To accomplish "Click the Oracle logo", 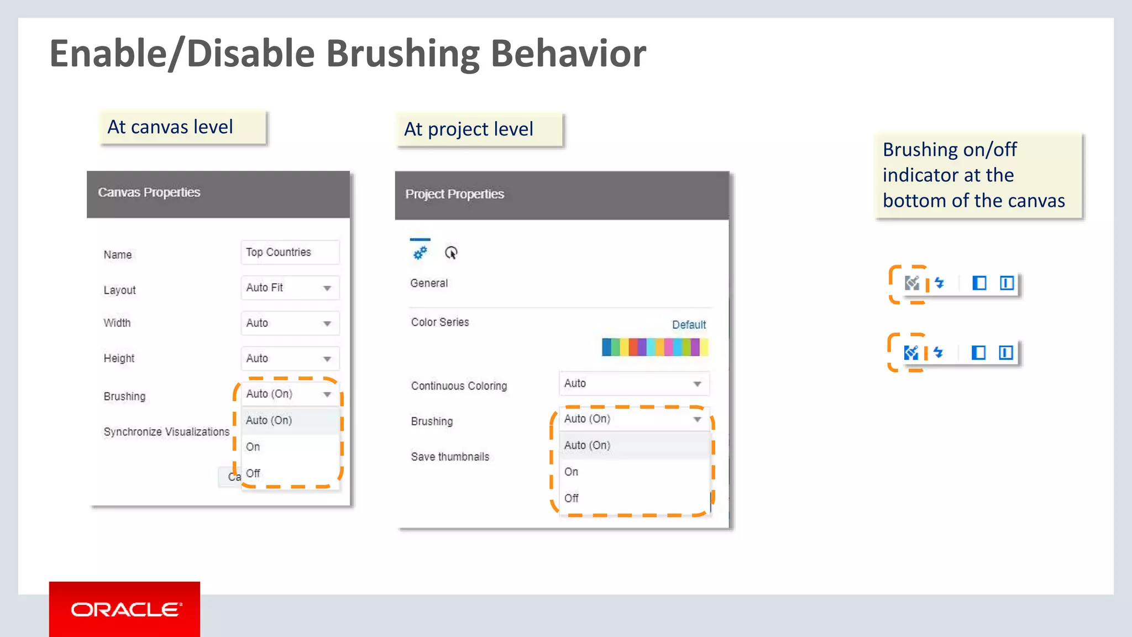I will coord(125,609).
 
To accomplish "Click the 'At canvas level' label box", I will coord(183,128).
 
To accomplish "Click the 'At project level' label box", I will coord(479,130).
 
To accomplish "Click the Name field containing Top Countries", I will coord(290,252).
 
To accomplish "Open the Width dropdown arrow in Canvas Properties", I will coord(327,323).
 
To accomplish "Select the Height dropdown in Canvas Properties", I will coord(290,358).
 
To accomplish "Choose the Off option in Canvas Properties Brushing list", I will coord(253,473).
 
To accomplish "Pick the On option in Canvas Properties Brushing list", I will coord(253,447).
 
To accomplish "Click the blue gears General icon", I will coord(420,253).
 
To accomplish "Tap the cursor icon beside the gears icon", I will coord(451,253).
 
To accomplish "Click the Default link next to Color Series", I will coord(689,325).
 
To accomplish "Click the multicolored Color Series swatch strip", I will coord(654,347).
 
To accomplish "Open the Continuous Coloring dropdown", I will coord(633,384).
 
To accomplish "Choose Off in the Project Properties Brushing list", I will coord(572,498).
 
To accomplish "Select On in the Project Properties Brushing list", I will coord(572,472).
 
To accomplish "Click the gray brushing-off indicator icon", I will coord(911,283).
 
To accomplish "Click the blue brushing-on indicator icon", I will coord(910,352).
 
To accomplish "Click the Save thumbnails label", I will coord(450,457).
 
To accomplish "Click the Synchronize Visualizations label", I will coord(166,432).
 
